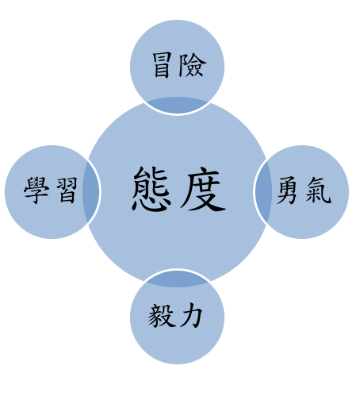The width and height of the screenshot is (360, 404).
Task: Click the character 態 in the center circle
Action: tap(151, 189)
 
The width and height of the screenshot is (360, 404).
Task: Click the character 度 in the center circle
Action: tap(203, 189)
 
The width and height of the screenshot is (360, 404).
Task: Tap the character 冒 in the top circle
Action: tap(162, 65)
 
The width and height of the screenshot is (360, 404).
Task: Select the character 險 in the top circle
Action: tap(192, 65)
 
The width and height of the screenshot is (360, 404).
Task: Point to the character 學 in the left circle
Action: tap(36, 190)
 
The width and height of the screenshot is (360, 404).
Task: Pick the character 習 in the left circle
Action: tap(67, 190)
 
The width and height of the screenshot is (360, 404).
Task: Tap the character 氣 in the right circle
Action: tap(319, 190)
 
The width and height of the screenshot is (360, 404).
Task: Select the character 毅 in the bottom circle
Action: tap(161, 316)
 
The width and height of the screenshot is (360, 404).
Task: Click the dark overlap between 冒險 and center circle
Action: tap(177, 105)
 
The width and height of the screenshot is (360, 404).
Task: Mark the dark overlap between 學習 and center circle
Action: tap(90, 192)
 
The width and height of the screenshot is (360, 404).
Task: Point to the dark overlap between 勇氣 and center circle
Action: tap(263, 192)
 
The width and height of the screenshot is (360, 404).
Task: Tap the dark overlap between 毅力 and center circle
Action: tap(177, 279)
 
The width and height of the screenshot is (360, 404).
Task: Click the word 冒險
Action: tap(179, 65)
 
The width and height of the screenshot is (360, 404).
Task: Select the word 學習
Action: tap(51, 190)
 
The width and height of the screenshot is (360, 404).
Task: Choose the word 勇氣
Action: tap(304, 190)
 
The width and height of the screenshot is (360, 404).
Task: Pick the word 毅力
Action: tap(175, 316)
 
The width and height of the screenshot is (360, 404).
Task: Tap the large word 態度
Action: tap(179, 189)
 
